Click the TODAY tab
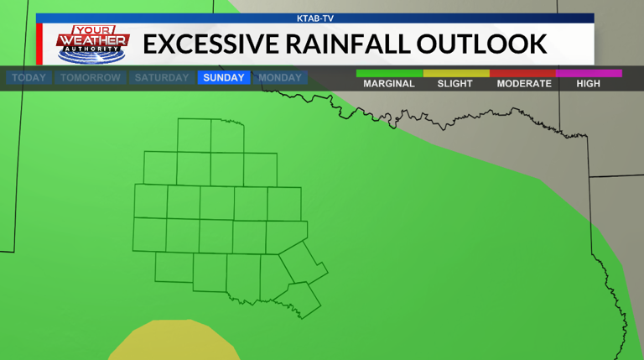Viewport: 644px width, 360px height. (x=29, y=78)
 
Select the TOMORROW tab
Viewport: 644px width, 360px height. (x=91, y=78)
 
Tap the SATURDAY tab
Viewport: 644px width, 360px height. (x=162, y=78)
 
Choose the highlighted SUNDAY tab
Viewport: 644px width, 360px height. (x=224, y=78)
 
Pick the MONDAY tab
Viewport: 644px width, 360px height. (x=280, y=78)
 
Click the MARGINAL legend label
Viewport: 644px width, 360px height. (x=389, y=84)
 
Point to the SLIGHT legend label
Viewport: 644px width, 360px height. (x=455, y=84)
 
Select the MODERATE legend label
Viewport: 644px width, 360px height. (x=524, y=84)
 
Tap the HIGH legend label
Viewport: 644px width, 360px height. (x=589, y=84)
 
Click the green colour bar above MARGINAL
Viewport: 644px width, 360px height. (x=389, y=74)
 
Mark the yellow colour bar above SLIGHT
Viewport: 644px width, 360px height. (x=456, y=74)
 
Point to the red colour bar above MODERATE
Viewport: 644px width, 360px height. (x=522, y=74)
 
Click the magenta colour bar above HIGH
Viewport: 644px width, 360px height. (x=589, y=74)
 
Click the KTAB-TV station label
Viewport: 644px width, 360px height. (x=315, y=18)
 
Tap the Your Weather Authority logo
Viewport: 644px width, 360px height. (x=92, y=44)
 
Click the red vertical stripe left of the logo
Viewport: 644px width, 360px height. (x=39, y=44)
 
